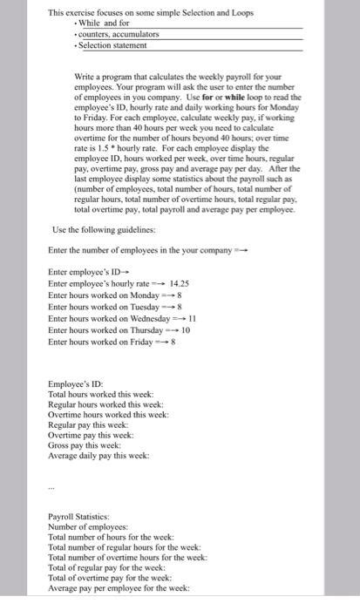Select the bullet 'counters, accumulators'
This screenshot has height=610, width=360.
pyautogui.click(x=119, y=33)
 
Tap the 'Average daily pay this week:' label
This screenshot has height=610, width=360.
pyautogui.click(x=98, y=456)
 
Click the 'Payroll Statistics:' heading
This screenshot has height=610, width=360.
pyautogui.click(x=78, y=517)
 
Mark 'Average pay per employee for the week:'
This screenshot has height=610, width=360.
pyautogui.click(x=119, y=589)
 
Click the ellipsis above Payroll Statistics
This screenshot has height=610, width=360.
pyautogui.click(x=51, y=487)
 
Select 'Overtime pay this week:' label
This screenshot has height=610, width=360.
pyautogui.click(x=91, y=434)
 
